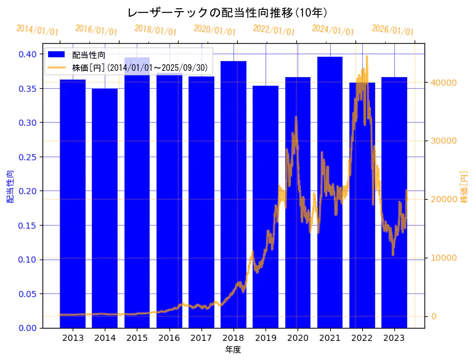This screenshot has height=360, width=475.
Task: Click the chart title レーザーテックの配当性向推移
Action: pyautogui.click(x=227, y=13)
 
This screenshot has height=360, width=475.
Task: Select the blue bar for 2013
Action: pyautogui.click(x=73, y=203)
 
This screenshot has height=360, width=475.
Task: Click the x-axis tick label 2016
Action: pyautogui.click(x=169, y=338)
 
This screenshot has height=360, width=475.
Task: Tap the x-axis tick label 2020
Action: pyautogui.click(x=298, y=338)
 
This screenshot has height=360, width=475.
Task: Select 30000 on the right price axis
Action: pyautogui.click(x=443, y=141)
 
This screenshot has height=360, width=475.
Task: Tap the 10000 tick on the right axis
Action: pyautogui.click(x=443, y=258)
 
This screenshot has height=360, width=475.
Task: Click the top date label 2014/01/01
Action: pyautogui.click(x=37, y=30)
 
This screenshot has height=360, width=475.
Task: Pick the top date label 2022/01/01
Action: pyautogui.click(x=274, y=30)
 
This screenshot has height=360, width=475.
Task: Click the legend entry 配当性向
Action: pyautogui.click(x=89, y=55)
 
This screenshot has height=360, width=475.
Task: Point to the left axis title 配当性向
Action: pyautogui.click(x=10, y=186)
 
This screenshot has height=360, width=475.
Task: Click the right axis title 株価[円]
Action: pyautogui.click(x=464, y=186)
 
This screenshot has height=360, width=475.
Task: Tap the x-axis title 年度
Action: pyautogui.click(x=233, y=350)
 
